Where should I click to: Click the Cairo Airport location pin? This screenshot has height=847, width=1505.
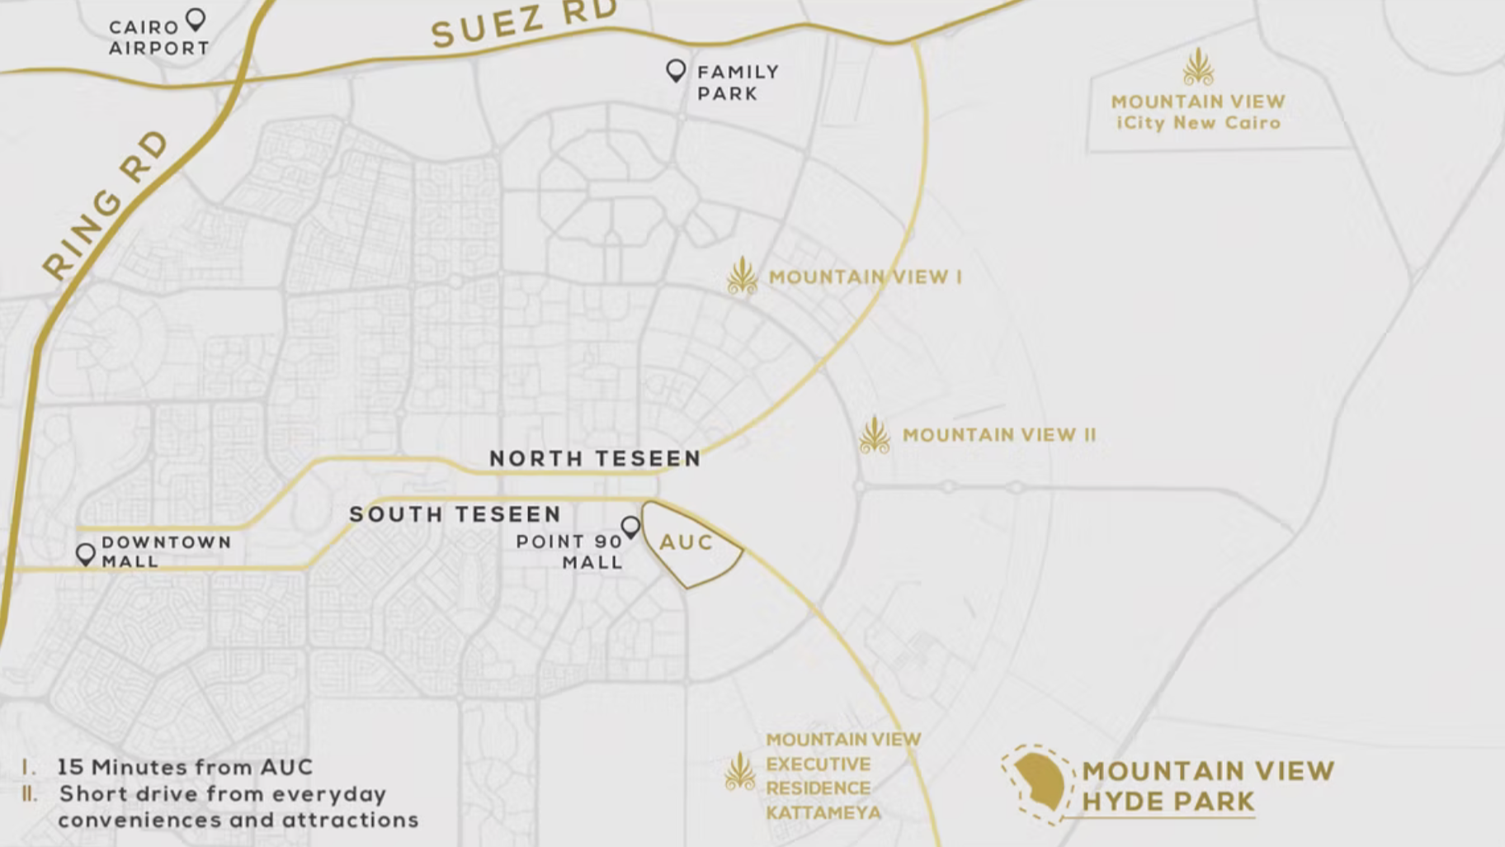196,18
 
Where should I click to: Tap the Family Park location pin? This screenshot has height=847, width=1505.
676,70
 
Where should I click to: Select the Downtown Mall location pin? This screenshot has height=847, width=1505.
85,553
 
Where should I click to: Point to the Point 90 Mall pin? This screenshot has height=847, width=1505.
630,526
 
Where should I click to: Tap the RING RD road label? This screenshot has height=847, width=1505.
105,206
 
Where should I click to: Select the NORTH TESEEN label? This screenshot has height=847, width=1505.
595,458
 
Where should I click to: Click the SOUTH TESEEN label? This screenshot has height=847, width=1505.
455,514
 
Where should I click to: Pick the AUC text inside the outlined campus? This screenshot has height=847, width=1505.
686,542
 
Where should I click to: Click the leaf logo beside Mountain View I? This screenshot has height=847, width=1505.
742,276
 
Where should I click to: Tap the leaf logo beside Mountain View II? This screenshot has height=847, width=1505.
874,435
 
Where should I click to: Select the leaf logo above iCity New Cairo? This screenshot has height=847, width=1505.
1198,68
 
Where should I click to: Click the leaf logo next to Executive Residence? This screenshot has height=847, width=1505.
739,772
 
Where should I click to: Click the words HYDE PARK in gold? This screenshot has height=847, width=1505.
1168,802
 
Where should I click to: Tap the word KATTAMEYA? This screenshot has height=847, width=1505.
823,813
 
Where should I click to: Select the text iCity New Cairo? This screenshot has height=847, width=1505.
1198,123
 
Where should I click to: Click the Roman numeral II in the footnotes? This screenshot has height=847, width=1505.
30,794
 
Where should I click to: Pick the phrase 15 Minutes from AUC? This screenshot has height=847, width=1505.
185,767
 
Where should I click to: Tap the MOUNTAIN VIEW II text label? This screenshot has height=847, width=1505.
999,435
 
